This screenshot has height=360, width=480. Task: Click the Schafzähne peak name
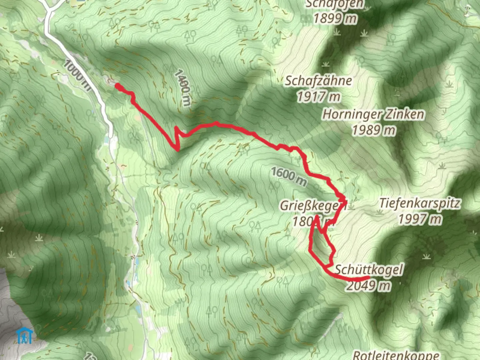pyautogui.click(x=318, y=81)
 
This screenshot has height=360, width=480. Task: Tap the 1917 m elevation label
pyautogui.click(x=318, y=97)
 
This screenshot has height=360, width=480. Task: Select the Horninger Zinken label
pyautogui.click(x=373, y=114)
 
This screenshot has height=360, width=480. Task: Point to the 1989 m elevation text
pyautogui.click(x=374, y=130)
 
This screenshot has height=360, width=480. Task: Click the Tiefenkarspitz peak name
pyautogui.click(x=420, y=203)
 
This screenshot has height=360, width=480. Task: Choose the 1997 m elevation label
pyautogui.click(x=420, y=219)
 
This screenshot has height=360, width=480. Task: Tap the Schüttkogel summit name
pyautogui.click(x=369, y=269)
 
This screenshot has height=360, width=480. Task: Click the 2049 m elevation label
pyautogui.click(x=368, y=286)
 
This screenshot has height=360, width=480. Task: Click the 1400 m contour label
pyautogui.click(x=183, y=87)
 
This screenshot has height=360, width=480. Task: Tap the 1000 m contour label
pyautogui.click(x=77, y=75)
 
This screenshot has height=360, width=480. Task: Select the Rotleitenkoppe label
pyautogui.click(x=396, y=355)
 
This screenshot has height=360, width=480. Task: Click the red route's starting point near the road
pyautogui.click(x=118, y=86)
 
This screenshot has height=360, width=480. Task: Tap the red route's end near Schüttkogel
pyautogui.click(x=368, y=277)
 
